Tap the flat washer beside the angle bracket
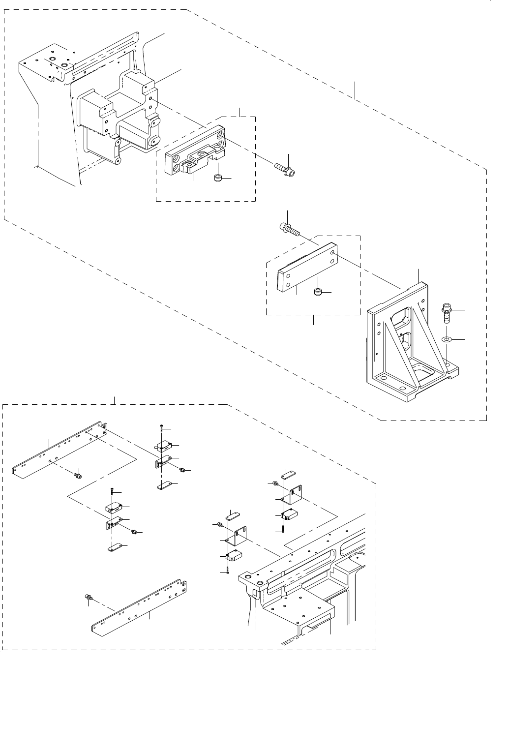click(x=448, y=339)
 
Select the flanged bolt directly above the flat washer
click(x=447, y=313)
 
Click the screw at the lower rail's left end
click(x=89, y=597)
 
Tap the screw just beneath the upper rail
click(x=77, y=475)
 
